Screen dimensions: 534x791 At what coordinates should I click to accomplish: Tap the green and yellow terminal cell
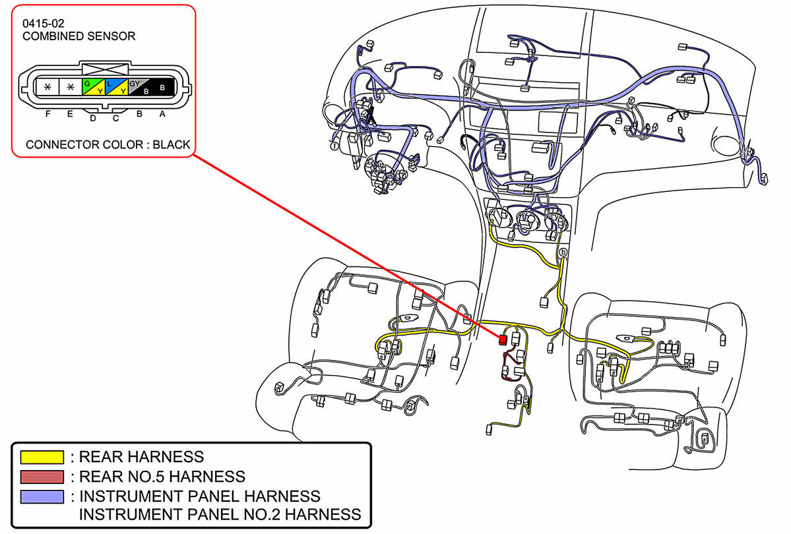point(92,86)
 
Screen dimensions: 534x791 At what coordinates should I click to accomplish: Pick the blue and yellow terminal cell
point(115,86)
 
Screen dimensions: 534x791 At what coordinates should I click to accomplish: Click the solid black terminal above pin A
point(162,86)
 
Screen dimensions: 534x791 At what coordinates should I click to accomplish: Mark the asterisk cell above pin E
point(69,86)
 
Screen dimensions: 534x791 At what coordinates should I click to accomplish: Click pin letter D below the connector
point(92,118)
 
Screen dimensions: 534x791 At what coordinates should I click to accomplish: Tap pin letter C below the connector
point(115,118)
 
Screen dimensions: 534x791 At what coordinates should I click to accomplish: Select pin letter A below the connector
point(162,113)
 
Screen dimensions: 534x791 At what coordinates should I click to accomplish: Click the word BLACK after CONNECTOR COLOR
point(171,144)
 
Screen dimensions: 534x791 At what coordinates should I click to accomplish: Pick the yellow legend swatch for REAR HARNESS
point(42,457)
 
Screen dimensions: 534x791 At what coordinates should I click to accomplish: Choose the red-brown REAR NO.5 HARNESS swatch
point(42,476)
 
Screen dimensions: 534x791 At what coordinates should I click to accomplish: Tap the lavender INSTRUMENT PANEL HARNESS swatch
point(42,496)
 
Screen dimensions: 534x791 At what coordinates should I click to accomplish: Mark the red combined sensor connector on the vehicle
point(503,340)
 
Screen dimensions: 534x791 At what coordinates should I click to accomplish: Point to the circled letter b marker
point(563,252)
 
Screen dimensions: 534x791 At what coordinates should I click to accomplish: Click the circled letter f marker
point(334,146)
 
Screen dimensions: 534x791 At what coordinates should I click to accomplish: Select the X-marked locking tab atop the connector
point(104,68)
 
